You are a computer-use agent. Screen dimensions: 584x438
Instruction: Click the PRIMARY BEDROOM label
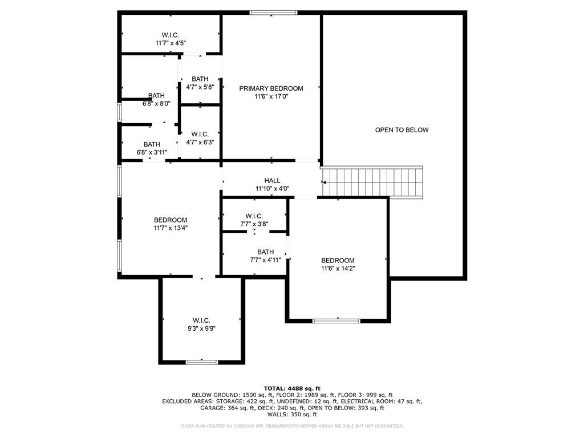[271, 88]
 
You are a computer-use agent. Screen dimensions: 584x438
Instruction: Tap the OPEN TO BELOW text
[402, 130]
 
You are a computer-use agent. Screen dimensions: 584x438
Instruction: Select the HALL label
[272, 181]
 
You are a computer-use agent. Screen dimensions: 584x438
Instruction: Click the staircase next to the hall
[372, 182]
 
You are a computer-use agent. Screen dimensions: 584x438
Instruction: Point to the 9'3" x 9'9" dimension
[201, 328]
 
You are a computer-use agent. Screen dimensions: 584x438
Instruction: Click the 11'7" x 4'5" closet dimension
[171, 43]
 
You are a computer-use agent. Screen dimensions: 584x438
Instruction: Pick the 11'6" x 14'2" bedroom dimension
[338, 269]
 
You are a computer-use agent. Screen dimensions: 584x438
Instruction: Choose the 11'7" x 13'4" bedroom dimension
[171, 228]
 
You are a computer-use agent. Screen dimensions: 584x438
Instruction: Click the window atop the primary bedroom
[273, 13]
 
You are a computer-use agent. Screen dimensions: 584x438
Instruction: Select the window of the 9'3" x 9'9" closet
[202, 362]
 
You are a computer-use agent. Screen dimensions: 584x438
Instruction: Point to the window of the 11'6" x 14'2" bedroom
[336, 321]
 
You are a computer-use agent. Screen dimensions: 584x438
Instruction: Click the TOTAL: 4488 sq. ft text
[292, 388]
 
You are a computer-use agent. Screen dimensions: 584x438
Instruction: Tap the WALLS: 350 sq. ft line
[292, 414]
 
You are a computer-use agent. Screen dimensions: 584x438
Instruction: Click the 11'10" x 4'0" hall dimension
[272, 189]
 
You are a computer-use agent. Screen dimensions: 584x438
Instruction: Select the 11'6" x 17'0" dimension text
[271, 96]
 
